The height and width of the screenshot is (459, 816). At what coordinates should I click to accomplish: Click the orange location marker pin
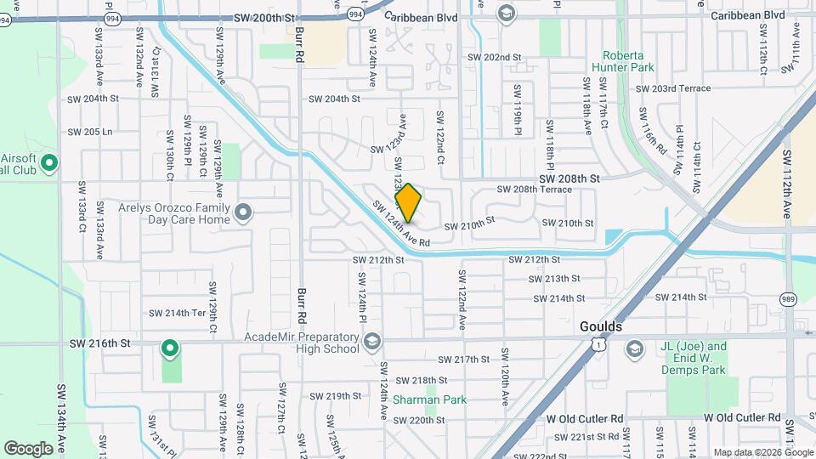pyautogui.click(x=408, y=202)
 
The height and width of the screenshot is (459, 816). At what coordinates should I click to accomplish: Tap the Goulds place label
pyautogui.click(x=601, y=326)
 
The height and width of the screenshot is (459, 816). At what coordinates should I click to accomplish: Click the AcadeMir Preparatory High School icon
pyautogui.click(x=371, y=343)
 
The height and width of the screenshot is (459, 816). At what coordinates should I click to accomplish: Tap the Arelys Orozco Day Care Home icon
pyautogui.click(x=245, y=212)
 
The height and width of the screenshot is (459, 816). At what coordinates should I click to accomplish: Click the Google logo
pyautogui.click(x=28, y=448)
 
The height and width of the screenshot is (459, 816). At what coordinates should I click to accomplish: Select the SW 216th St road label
pyautogui.click(x=101, y=343)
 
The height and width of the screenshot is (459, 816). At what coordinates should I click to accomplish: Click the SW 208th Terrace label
pyautogui.click(x=534, y=190)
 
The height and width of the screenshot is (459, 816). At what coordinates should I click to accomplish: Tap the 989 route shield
pyautogui.click(x=788, y=299)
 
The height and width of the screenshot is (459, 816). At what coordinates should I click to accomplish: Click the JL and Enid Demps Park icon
pyautogui.click(x=635, y=349)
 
